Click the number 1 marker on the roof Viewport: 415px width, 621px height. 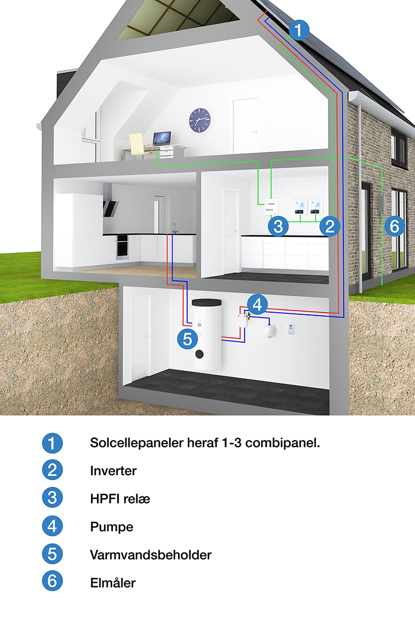point(298,30)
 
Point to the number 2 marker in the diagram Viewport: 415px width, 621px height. point(329,226)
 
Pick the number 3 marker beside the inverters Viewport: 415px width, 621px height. point(278,226)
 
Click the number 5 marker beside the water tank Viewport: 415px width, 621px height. point(187,339)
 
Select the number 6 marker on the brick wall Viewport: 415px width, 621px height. point(394,226)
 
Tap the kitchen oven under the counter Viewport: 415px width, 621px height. point(122,248)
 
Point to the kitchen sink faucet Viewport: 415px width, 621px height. point(174,228)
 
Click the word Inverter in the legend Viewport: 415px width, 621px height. point(113,470)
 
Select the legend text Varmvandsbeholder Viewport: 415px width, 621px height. point(151,554)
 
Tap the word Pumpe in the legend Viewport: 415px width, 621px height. point(112,527)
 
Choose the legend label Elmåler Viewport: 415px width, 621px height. point(112,583)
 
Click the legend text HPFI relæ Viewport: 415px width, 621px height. point(120,499)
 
